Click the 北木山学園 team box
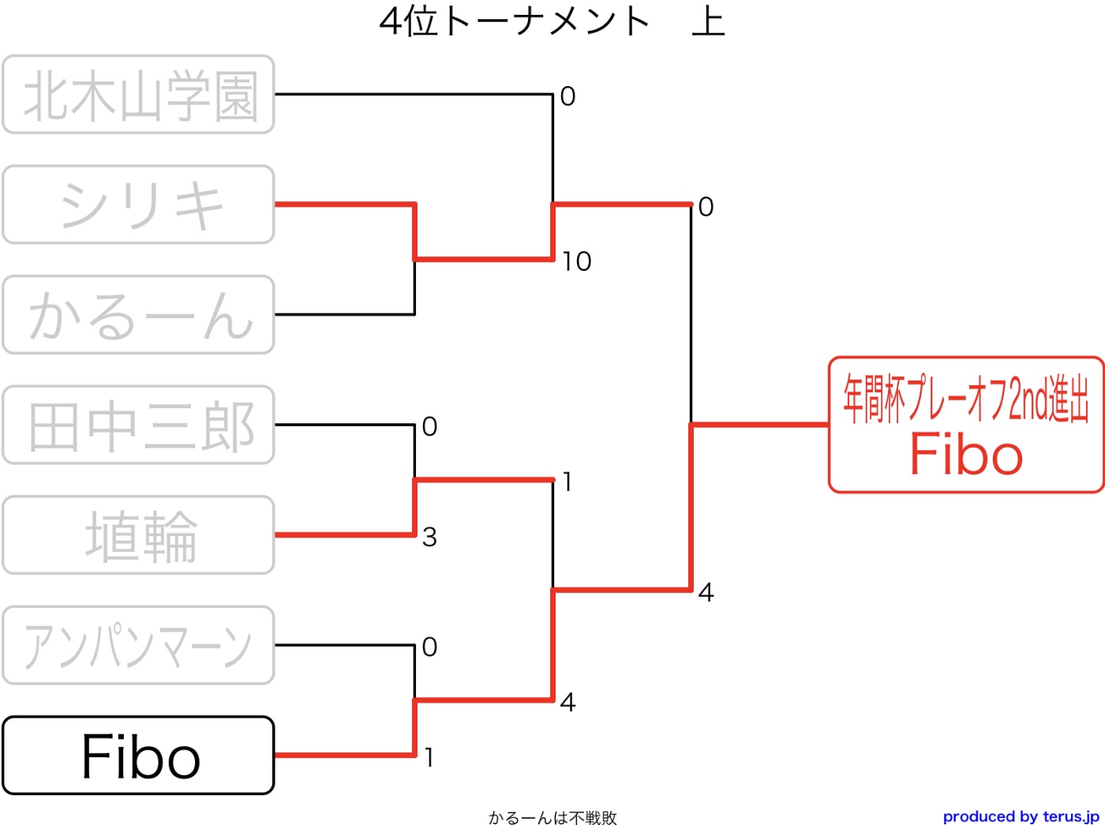pyautogui.click(x=138, y=95)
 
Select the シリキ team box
pyautogui.click(x=138, y=204)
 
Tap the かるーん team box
pyautogui.click(x=138, y=315)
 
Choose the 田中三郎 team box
pyautogui.click(x=138, y=426)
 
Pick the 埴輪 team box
pyautogui.click(x=138, y=535)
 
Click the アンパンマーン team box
pyautogui.click(x=138, y=646)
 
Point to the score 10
pyautogui.click(x=577, y=262)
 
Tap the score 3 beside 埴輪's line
pyautogui.click(x=429, y=538)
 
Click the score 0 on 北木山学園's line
pyautogui.click(x=567, y=96)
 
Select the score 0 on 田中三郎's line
pyautogui.click(x=429, y=427)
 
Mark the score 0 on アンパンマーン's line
pyautogui.click(x=429, y=647)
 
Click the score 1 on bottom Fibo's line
pyautogui.click(x=429, y=758)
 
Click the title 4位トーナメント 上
pyautogui.click(x=552, y=22)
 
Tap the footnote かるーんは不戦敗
pyautogui.click(x=552, y=817)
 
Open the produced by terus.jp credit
pyautogui.click(x=1021, y=816)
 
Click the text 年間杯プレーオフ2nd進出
pyautogui.click(x=967, y=399)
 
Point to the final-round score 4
pyautogui.click(x=706, y=592)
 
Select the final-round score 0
pyautogui.click(x=706, y=207)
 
